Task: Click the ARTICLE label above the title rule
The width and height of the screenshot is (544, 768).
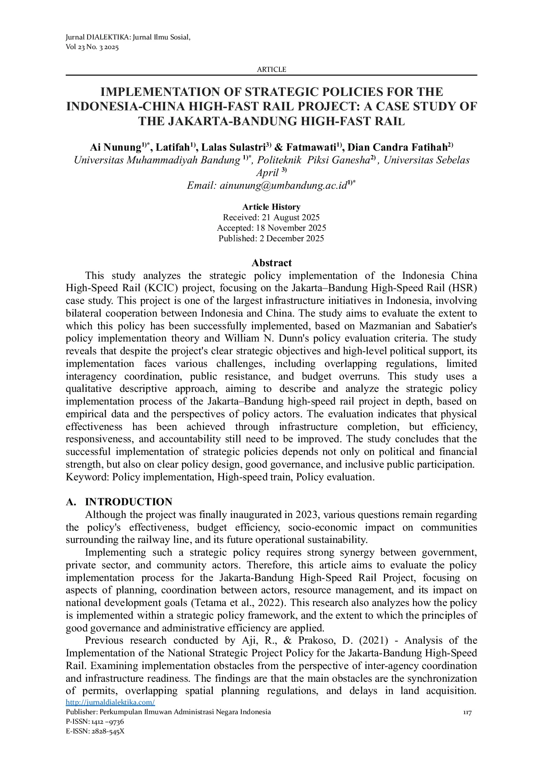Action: click(x=271, y=69)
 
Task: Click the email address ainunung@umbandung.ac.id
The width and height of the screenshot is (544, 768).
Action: click(x=283, y=186)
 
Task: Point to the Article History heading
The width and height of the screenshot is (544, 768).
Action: click(x=271, y=207)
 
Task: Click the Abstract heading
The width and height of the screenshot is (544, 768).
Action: click(x=271, y=263)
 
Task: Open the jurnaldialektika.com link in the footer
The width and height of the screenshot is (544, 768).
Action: click(x=110, y=702)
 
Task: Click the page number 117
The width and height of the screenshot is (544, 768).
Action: click(x=467, y=713)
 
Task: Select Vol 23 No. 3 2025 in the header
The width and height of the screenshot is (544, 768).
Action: click(x=92, y=47)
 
